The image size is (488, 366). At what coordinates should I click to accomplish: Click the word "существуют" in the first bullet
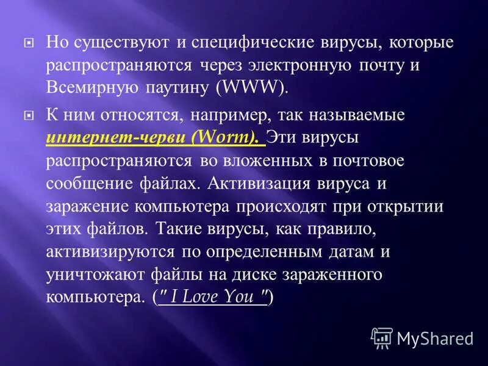123,44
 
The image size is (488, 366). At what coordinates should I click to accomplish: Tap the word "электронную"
298,65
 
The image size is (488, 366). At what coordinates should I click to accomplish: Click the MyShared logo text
435,337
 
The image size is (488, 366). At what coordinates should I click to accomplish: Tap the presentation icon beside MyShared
382,337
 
